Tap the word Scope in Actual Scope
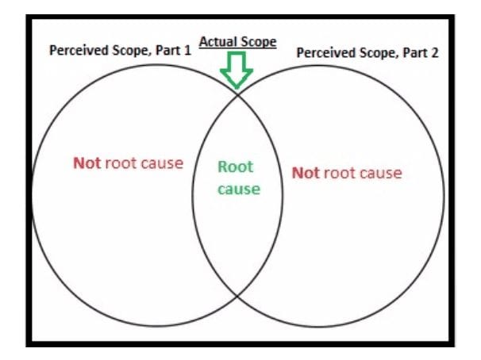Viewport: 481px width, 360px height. pyautogui.click(x=259, y=41)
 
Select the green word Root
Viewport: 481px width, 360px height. pyautogui.click(x=236, y=167)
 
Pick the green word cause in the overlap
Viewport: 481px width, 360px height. pyautogui.click(x=238, y=190)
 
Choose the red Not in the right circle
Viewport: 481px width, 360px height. pyautogui.click(x=305, y=173)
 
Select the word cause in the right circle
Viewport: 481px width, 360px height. pyautogui.click(x=380, y=173)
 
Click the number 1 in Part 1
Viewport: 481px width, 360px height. pyautogui.click(x=187, y=50)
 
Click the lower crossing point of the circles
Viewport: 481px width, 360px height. pyautogui.click(x=238, y=296)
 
